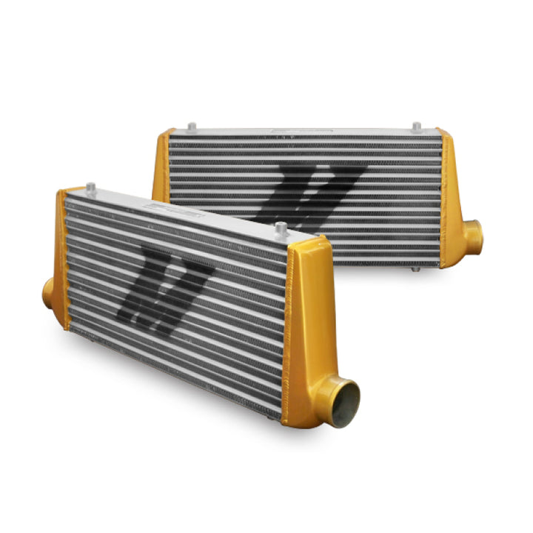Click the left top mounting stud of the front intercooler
[90, 187]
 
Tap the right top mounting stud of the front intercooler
[281, 229]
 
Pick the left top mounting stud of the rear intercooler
[191, 127]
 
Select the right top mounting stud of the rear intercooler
[416, 127]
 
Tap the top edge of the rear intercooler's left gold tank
[167, 132]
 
